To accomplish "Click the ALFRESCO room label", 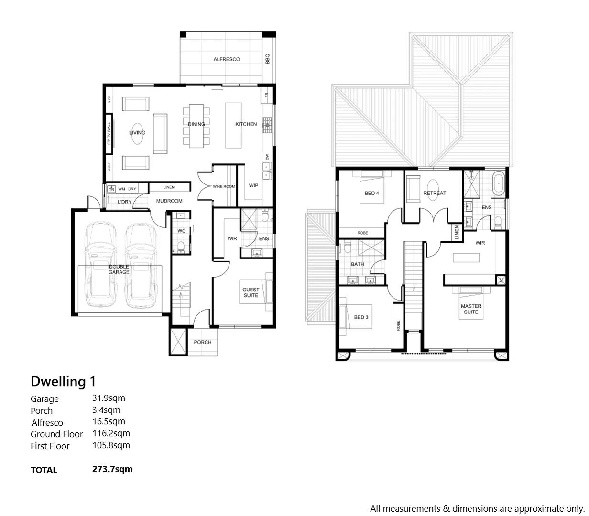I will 227,59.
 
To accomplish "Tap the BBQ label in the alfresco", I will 268,58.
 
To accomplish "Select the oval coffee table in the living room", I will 137,133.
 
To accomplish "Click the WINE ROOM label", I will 224,186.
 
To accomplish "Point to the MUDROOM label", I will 169,201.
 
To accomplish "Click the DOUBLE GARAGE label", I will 119,269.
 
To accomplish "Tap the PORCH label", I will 203,342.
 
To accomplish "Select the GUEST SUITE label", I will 251,292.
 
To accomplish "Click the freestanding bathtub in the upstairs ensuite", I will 499,183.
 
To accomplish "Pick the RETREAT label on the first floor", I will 435,193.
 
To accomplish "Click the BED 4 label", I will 371,193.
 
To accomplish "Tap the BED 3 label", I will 361,317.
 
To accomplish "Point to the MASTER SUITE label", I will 471,309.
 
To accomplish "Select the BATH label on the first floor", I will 357,264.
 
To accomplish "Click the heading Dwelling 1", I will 63,381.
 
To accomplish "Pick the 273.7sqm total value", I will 112,469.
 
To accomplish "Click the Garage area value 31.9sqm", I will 109,398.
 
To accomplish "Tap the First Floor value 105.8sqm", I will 111,445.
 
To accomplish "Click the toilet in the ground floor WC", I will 180,247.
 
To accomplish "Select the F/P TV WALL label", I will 109,134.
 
